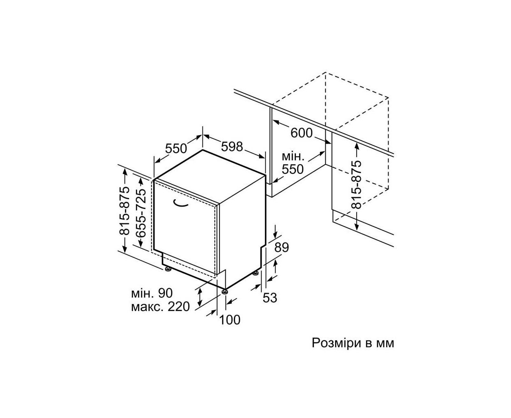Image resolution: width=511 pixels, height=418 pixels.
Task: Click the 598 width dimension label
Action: (x=232, y=147)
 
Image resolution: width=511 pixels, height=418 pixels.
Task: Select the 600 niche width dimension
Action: (x=301, y=133)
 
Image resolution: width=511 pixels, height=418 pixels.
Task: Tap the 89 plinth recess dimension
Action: (x=282, y=247)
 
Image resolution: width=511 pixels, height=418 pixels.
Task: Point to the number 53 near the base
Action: (x=270, y=298)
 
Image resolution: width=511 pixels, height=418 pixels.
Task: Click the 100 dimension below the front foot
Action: (x=230, y=320)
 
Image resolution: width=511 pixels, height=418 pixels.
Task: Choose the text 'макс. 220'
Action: (x=160, y=307)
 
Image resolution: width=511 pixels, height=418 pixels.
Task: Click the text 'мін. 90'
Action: (x=152, y=293)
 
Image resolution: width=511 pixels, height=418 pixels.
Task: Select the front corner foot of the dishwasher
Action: (x=224, y=291)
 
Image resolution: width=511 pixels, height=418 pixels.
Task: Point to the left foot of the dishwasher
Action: (x=168, y=269)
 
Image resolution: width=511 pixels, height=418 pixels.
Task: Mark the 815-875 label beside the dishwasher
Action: (x=125, y=211)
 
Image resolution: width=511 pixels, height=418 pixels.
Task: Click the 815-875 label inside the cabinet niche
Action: (x=356, y=185)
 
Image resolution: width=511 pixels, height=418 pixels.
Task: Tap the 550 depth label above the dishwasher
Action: (x=176, y=149)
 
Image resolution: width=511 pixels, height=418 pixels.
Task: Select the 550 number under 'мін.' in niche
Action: (x=293, y=169)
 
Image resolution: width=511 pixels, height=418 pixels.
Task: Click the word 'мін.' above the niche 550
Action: (x=293, y=156)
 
